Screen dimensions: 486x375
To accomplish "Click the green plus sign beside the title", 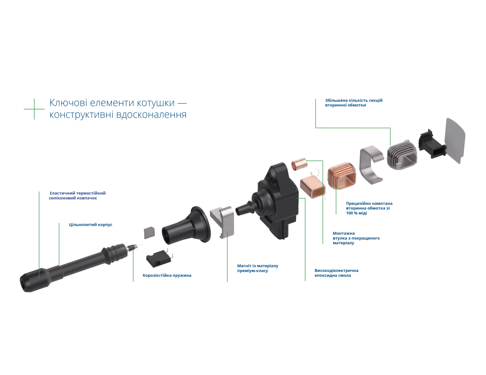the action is pos(34,109).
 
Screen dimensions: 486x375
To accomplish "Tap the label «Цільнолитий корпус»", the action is pos(91,225).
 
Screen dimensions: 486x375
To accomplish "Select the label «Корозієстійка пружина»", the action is pos(167,275).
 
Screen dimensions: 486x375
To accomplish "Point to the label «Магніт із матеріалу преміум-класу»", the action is pos(258,268).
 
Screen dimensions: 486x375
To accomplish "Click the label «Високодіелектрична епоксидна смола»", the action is pos(337,273).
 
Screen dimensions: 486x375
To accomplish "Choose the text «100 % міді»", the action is pos(356,213).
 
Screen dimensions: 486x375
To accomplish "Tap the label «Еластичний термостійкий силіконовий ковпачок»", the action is pos(77,196).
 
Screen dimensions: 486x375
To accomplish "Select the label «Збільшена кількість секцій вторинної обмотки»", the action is pos(354,103).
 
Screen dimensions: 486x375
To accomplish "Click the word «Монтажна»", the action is pos(343,233).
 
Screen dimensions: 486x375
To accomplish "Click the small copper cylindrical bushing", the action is pos(299,165).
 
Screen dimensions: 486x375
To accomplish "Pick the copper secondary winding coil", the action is pos(341,176).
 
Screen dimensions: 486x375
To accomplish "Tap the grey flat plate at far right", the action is pos(455,141).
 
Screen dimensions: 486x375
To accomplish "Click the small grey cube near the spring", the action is pos(149,233).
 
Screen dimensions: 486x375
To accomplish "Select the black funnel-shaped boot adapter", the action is pos(187,226).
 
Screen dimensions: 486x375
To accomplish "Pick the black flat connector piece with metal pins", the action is pos(159,258).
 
